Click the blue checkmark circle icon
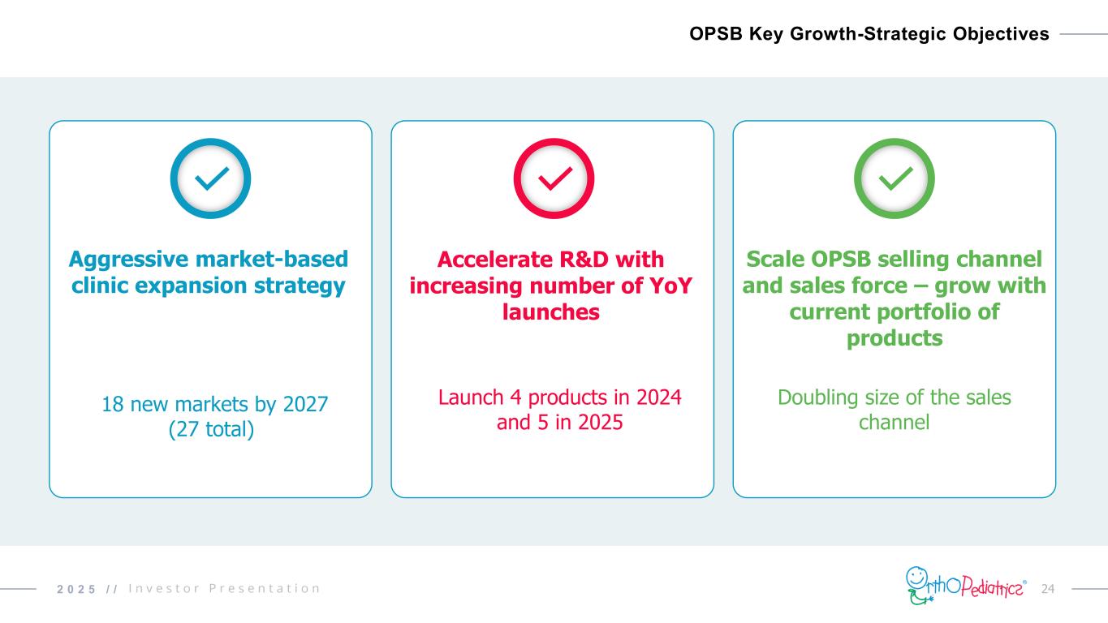point(210,178)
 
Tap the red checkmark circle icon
point(554,178)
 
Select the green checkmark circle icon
point(895,178)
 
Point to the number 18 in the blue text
point(113,403)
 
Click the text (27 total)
point(211,429)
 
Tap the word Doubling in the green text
point(814,397)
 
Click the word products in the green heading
point(895,337)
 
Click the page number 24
point(1047,587)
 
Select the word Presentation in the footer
point(265,588)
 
